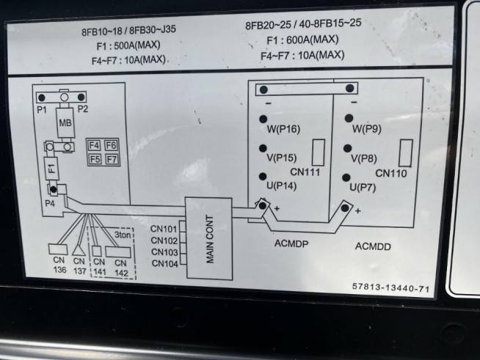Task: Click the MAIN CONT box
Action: click(208, 238)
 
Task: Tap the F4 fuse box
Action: click(94, 145)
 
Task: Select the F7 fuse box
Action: click(112, 158)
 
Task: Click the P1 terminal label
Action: click(42, 109)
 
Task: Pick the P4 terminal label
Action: click(49, 202)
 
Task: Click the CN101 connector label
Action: click(164, 228)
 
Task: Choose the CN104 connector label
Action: click(164, 263)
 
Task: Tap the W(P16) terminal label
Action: click(283, 130)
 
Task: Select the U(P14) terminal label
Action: click(281, 186)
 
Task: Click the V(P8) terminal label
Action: click(364, 158)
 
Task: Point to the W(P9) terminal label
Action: click(366, 130)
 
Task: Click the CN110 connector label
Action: click(391, 174)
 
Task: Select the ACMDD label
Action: click(373, 246)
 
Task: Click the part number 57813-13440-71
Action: click(390, 289)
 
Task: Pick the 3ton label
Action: click(124, 235)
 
